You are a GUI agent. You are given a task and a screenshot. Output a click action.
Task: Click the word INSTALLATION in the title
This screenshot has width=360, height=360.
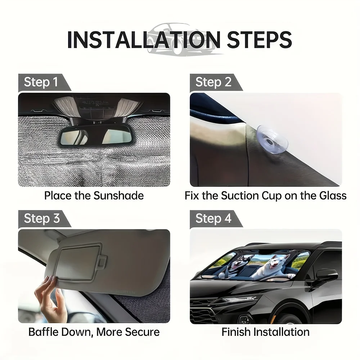click(144, 40)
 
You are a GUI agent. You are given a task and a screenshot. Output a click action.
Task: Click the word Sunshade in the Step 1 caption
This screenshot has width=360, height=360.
click(118, 196)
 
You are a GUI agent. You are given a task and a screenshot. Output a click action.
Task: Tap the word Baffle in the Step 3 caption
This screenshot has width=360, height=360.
click(44, 332)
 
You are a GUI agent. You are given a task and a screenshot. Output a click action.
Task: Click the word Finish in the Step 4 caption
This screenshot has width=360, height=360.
click(236, 332)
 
